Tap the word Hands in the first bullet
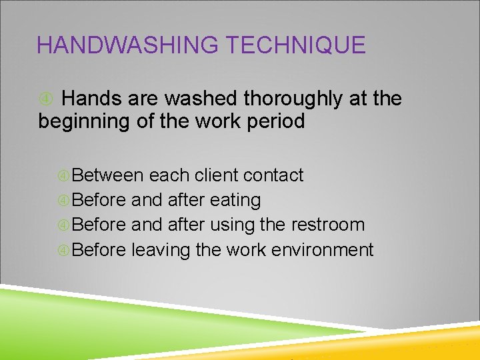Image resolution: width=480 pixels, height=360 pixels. [x=90, y=99]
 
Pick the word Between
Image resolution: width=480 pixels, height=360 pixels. [x=107, y=175]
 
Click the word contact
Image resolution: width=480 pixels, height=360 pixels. [x=273, y=175]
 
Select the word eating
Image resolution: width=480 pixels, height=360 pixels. [x=235, y=200]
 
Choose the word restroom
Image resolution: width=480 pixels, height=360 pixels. [x=328, y=225]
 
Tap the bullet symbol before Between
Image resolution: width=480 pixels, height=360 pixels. [x=64, y=176]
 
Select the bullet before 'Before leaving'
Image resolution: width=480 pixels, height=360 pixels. [x=64, y=251]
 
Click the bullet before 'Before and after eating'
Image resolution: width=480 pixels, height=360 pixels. [x=64, y=201]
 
